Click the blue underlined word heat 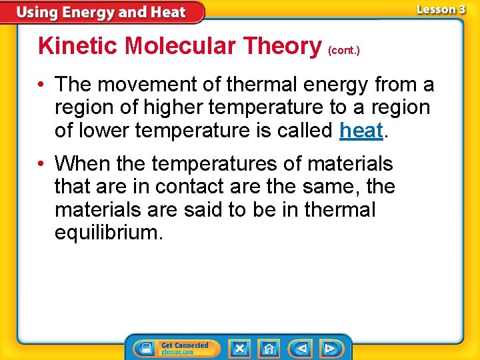[361, 130]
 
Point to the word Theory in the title [283, 46]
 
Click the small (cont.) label [344, 50]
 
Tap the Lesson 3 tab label [441, 10]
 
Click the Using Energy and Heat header [101, 12]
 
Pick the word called [305, 130]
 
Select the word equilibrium [108, 232]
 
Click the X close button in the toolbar [239, 348]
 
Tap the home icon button [268, 348]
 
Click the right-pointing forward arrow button [329, 348]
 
